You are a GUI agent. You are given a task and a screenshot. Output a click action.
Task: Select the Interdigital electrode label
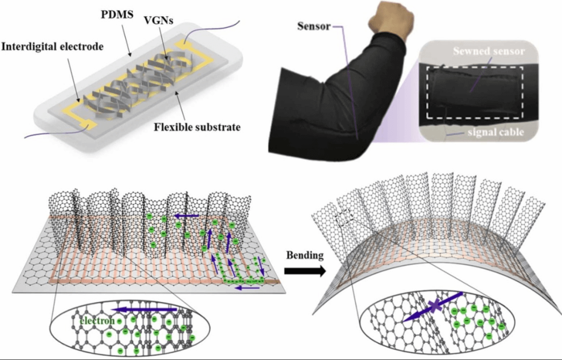(x=53, y=47)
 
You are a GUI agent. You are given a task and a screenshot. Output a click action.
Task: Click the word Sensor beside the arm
(x=314, y=26)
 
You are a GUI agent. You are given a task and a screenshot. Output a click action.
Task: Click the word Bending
(x=304, y=256)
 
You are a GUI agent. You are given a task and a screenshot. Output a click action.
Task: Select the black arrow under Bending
(x=305, y=271)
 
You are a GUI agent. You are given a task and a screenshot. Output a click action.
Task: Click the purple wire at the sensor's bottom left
(x=52, y=136)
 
